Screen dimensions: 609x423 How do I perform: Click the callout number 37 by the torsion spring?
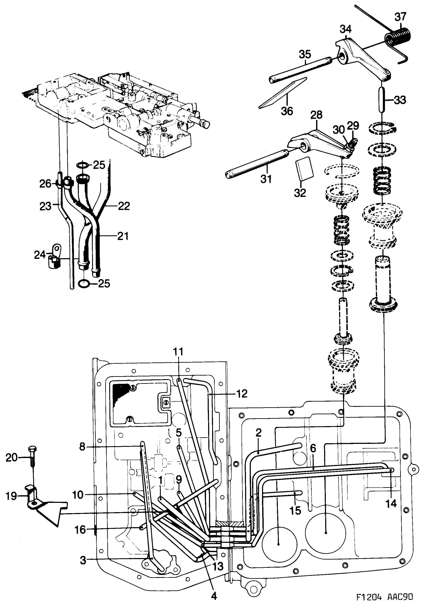click(x=400, y=17)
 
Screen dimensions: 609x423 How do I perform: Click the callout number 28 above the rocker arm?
click(x=317, y=115)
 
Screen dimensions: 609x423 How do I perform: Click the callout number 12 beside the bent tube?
click(x=241, y=393)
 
